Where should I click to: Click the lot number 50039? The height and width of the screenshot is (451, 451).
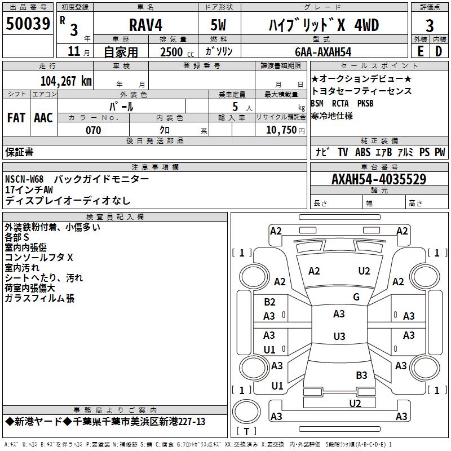(28, 24)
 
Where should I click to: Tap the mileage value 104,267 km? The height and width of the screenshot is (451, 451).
(66, 80)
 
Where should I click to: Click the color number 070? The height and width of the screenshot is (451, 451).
(93, 130)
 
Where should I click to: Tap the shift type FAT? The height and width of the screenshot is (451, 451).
(16, 117)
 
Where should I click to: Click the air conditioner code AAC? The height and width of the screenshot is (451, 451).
(43, 117)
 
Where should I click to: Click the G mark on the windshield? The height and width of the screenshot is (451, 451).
(356, 297)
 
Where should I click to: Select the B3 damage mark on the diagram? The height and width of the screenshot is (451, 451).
(361, 375)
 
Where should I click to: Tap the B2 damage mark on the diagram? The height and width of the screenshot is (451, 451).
(270, 302)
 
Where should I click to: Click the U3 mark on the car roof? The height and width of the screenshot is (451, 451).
(339, 337)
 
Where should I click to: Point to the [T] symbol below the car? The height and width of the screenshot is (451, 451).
(246, 432)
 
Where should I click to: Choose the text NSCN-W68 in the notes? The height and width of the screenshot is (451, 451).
(25, 179)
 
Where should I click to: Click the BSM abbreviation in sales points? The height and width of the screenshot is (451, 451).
(317, 103)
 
